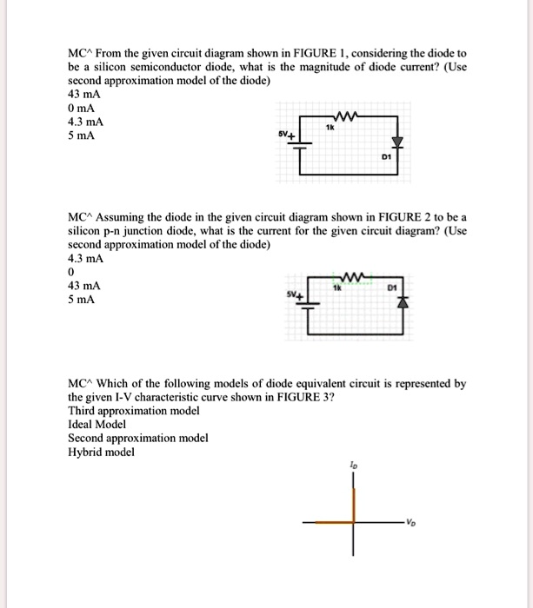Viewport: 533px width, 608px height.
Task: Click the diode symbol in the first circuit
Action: tap(398, 142)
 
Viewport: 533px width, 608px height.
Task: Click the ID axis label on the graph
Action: tap(351, 466)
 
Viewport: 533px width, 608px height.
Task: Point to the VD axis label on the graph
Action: tap(409, 523)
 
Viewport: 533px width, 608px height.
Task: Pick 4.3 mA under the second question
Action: tap(85, 258)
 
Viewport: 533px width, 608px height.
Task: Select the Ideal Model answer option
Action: tap(97, 424)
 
